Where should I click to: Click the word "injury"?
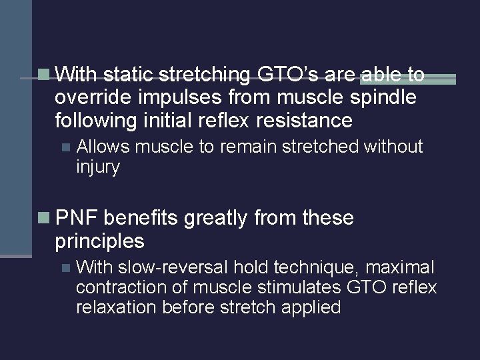pos(98,167)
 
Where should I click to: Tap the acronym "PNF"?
pos(78,217)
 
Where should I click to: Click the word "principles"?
pos(99,240)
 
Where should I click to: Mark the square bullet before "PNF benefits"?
pos(45,218)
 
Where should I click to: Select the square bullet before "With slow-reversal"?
pos(65,268)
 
